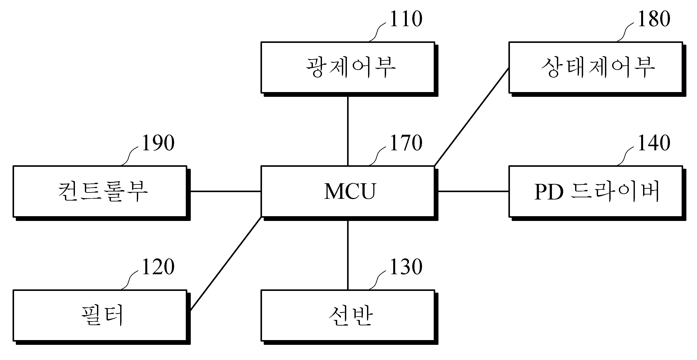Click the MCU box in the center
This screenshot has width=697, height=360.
349,193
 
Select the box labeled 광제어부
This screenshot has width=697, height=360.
349,69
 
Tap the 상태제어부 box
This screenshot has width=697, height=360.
597,69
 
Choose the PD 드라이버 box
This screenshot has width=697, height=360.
597,193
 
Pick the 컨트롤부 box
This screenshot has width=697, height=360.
102,193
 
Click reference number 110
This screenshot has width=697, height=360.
406,19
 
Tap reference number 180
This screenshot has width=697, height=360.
654,19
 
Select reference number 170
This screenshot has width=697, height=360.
406,143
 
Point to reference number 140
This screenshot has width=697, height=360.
654,143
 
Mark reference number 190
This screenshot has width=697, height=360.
158,143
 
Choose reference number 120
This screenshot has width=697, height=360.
158,267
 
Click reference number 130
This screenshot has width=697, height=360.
406,267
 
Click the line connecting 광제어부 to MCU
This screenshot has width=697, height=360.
348,131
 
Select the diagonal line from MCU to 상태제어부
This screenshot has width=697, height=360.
471,117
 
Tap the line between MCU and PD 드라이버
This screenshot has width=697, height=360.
473,191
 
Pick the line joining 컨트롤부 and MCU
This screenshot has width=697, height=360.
226,191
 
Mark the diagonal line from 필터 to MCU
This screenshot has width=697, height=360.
226,263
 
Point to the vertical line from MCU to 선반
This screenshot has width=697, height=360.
348,255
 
